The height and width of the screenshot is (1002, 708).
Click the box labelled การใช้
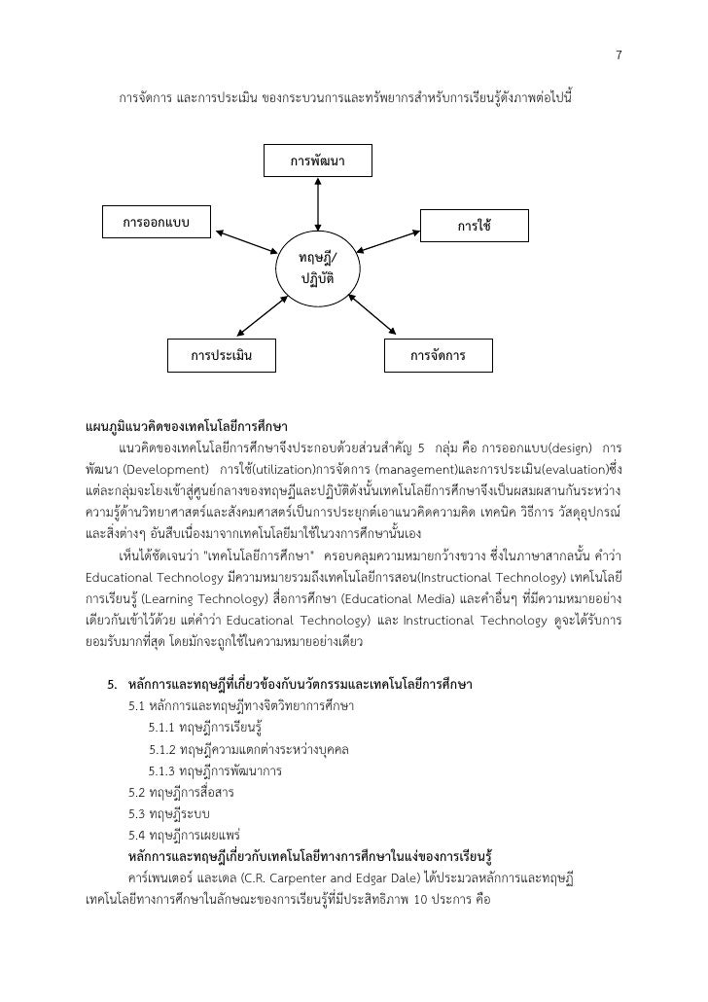(474, 225)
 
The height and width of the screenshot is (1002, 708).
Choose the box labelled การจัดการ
(438, 355)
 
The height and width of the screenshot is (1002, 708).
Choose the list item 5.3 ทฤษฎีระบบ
(170, 813)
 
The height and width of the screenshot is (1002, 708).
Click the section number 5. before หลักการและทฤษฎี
(112, 688)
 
